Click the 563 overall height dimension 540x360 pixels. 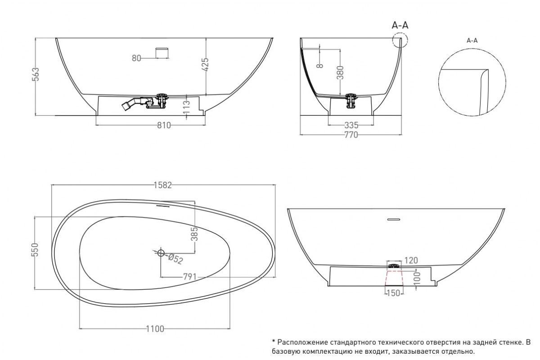pyautogui.click(x=36, y=74)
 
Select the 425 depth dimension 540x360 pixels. pyautogui.click(x=205, y=64)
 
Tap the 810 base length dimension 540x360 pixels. pyautogui.click(x=164, y=126)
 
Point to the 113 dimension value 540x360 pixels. pyautogui.click(x=187, y=108)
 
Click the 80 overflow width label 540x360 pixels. pyautogui.click(x=136, y=58)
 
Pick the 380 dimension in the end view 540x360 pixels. pyautogui.click(x=340, y=72)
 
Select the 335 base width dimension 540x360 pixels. pyautogui.click(x=351, y=126)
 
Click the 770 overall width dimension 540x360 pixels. pyautogui.click(x=351, y=135)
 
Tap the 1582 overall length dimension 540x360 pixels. pyautogui.click(x=163, y=185)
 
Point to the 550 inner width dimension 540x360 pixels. pyautogui.click(x=35, y=250)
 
